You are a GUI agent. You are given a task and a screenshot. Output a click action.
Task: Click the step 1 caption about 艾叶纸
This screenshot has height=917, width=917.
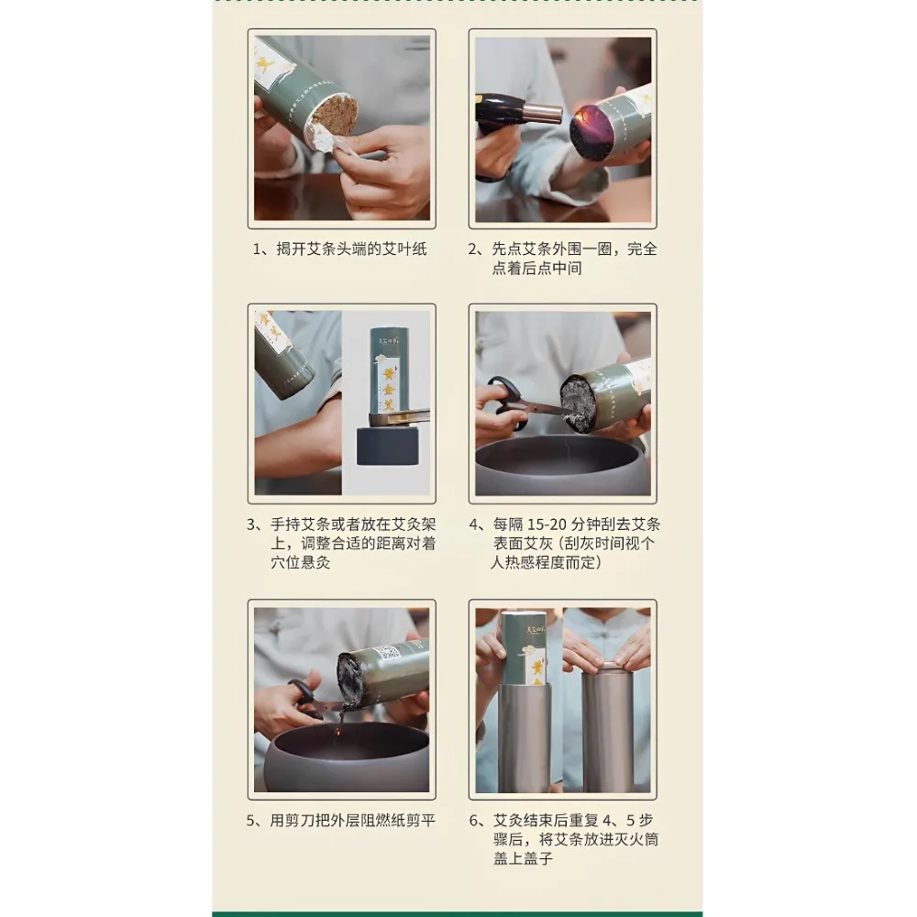point(341,249)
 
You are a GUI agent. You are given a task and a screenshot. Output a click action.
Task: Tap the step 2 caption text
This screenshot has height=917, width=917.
point(562,259)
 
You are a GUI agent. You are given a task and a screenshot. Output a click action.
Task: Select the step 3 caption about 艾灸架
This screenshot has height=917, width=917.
point(341,543)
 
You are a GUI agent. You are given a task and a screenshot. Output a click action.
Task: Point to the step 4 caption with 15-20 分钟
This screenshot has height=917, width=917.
point(562,543)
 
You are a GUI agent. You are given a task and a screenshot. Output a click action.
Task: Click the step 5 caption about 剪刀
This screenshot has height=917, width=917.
point(341,820)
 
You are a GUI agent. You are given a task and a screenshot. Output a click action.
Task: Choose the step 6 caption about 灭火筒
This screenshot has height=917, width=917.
point(562,839)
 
